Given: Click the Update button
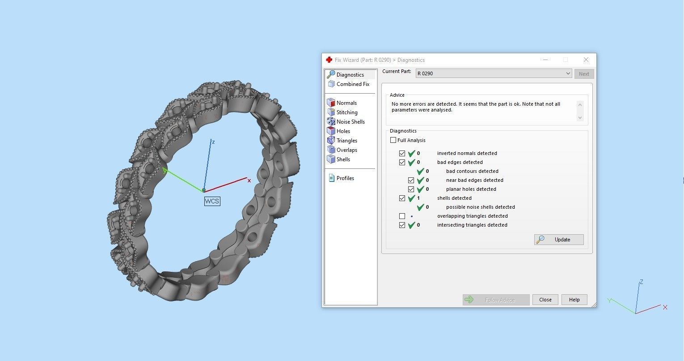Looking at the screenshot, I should click(559, 240).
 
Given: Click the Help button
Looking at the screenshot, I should click(574, 300).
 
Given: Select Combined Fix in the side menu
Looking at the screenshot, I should click(353, 84).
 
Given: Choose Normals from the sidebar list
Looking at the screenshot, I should click(346, 103).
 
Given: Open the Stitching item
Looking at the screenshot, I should click(347, 112).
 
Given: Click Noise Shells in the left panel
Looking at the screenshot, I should click(350, 122).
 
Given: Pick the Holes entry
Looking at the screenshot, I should click(343, 131).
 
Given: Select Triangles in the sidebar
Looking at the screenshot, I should click(347, 141).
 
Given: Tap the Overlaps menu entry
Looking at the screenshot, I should click(347, 150).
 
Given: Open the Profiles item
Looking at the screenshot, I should click(345, 178).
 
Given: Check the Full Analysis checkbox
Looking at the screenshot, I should click(393, 140).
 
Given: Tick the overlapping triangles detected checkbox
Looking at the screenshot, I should click(402, 216).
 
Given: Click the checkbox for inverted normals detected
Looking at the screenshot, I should click(402, 153).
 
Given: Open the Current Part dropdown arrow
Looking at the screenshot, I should click(568, 73).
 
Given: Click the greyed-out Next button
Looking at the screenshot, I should click(584, 74).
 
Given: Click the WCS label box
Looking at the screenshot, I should click(212, 201).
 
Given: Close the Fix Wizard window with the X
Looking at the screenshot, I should click(586, 60).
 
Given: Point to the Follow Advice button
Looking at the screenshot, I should click(496, 300).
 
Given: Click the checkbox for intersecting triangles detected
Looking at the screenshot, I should click(402, 225).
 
